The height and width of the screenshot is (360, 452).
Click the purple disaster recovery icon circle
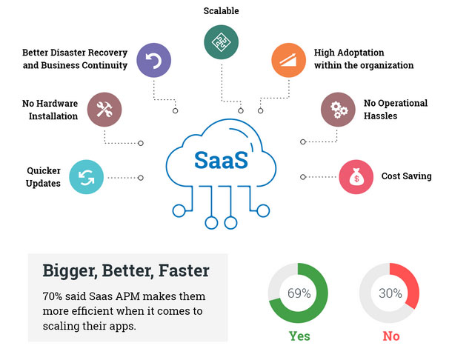point(153,60)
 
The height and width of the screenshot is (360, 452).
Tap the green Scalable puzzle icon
point(221,42)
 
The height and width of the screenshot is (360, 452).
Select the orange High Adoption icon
point(288,60)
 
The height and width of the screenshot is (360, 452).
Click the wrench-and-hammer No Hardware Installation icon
point(104,110)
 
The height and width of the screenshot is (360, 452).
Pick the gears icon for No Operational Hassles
point(338,110)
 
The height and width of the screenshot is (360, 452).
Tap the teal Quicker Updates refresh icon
point(86,177)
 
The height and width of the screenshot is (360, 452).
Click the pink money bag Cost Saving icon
point(356,177)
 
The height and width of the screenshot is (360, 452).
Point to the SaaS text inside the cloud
point(221,160)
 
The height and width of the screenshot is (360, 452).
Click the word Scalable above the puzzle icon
point(221,11)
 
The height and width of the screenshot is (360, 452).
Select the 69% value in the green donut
point(299,293)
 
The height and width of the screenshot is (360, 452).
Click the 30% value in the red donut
point(390,293)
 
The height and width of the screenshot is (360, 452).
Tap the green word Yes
point(299,336)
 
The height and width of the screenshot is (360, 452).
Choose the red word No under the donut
point(391,336)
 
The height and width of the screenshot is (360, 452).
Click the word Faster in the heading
point(184,270)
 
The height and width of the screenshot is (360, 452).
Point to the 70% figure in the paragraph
point(53,296)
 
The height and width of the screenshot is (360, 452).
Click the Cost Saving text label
point(407,176)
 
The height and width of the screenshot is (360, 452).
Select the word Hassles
point(381,116)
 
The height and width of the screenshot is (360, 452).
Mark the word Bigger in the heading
point(70,272)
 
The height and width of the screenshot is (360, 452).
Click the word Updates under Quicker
point(43,184)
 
